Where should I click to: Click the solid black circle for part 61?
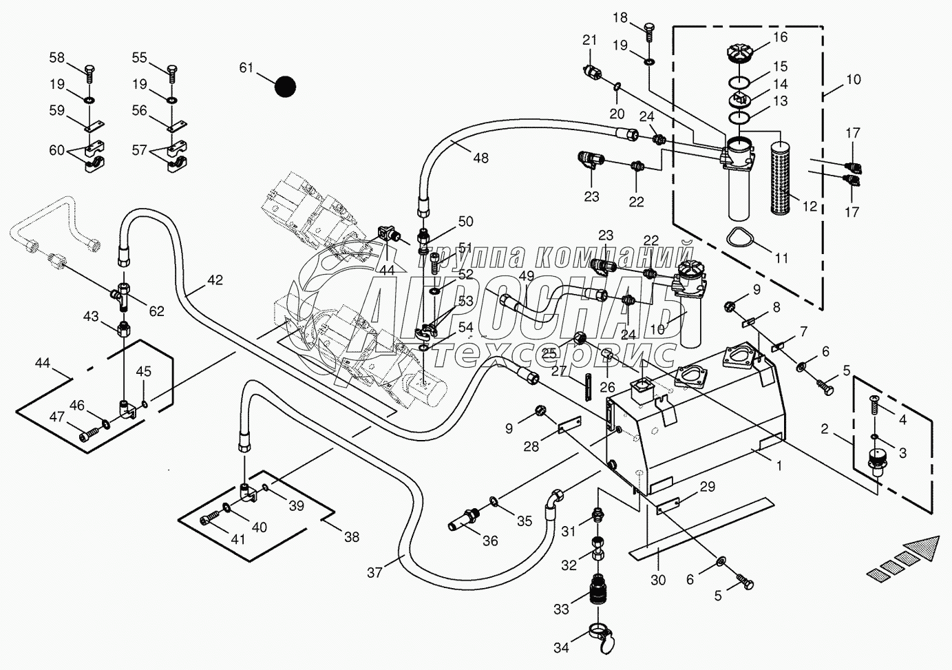coord(284,87)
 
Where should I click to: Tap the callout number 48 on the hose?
coord(480,158)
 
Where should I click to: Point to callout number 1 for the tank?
coord(779,465)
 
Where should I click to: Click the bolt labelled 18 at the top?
coord(650,29)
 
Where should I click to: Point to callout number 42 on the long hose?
coord(215,280)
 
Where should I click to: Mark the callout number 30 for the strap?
coord(658,580)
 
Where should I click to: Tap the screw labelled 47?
coord(87,435)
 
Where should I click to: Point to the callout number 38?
coord(351,536)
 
